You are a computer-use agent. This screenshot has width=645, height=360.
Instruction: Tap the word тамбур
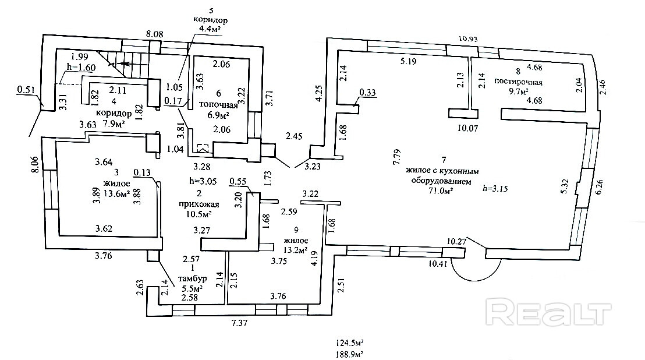pyautogui.click(x=192, y=278)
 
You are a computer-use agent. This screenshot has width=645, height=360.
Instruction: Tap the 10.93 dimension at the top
pyautogui.click(x=469, y=38)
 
